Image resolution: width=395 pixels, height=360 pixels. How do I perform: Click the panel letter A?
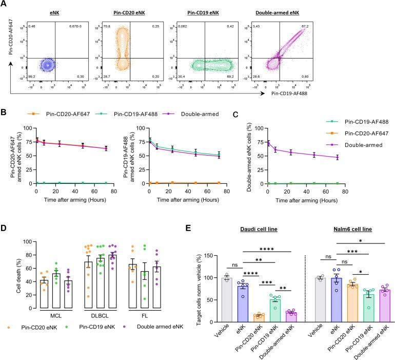pos(4,5)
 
